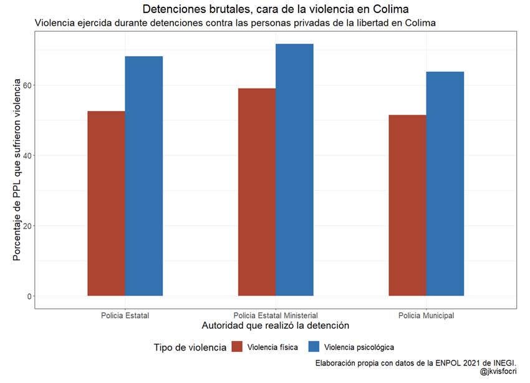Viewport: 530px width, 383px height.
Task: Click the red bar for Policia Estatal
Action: (x=106, y=203)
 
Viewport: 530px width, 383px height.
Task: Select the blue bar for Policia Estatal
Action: (x=144, y=176)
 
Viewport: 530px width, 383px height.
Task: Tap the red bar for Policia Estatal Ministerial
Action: (x=257, y=192)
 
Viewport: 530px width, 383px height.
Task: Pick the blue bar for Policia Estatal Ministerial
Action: (x=294, y=170)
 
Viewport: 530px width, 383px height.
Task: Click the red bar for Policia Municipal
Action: (x=407, y=205)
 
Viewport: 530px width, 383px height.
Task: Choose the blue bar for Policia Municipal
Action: (x=445, y=183)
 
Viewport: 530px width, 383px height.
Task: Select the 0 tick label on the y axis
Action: (x=29, y=296)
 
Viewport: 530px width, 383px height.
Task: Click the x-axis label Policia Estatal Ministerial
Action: (x=276, y=316)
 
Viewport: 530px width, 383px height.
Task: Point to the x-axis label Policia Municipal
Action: (x=426, y=316)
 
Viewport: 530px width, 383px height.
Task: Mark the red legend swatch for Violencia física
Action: (x=238, y=347)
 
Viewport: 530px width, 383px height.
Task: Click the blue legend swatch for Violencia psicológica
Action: (x=315, y=347)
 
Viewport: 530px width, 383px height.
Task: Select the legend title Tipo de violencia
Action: (x=190, y=347)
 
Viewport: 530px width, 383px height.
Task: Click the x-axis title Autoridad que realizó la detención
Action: (x=276, y=326)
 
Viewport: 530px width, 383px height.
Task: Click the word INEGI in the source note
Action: (x=503, y=362)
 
